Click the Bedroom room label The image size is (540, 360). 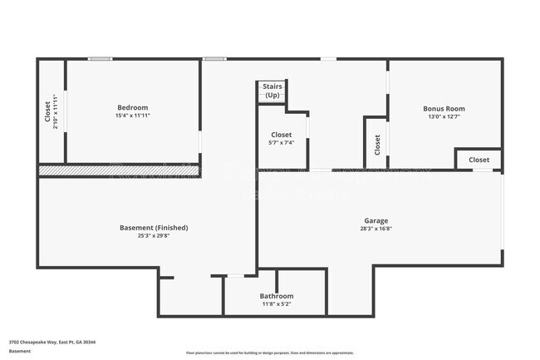click(x=132, y=108)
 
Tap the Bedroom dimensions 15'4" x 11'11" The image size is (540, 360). click(x=132, y=116)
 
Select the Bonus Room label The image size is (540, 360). click(x=444, y=109)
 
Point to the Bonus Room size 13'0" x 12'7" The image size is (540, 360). click(x=444, y=117)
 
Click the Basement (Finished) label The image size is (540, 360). click(x=155, y=228)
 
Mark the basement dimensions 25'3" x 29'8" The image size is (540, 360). click(x=155, y=236)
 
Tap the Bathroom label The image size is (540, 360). click(x=276, y=296)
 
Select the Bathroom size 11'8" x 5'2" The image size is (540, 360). click(x=276, y=304)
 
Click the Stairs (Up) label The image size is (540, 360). click(x=272, y=91)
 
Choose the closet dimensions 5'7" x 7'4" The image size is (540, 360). click(x=281, y=143)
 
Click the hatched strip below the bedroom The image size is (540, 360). click(x=116, y=170)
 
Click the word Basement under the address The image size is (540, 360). click(x=20, y=352)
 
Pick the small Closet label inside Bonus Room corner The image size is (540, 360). click(x=479, y=160)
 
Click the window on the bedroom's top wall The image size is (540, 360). click(x=101, y=58)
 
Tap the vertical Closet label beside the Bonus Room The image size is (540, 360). click(x=377, y=144)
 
